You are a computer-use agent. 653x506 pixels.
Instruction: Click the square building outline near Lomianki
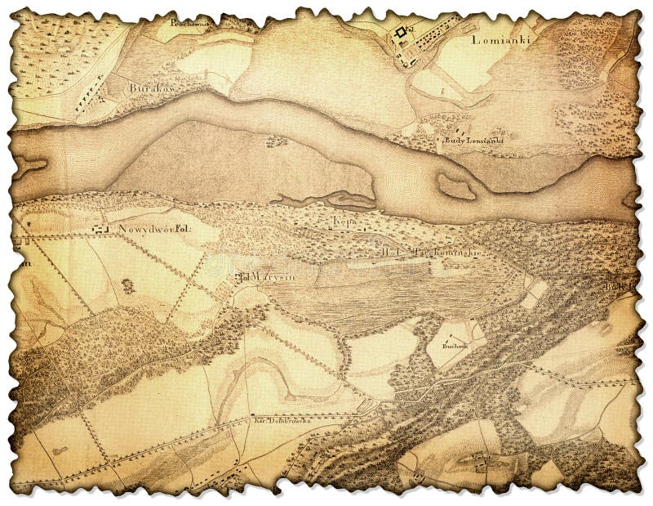click(399, 34)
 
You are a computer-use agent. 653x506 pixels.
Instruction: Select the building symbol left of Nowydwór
click(100, 231)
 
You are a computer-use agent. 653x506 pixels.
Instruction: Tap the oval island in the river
click(455, 186)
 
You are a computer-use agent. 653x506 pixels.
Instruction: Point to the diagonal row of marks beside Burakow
click(90, 90)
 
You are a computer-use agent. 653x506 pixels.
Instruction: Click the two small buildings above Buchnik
click(454, 334)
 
